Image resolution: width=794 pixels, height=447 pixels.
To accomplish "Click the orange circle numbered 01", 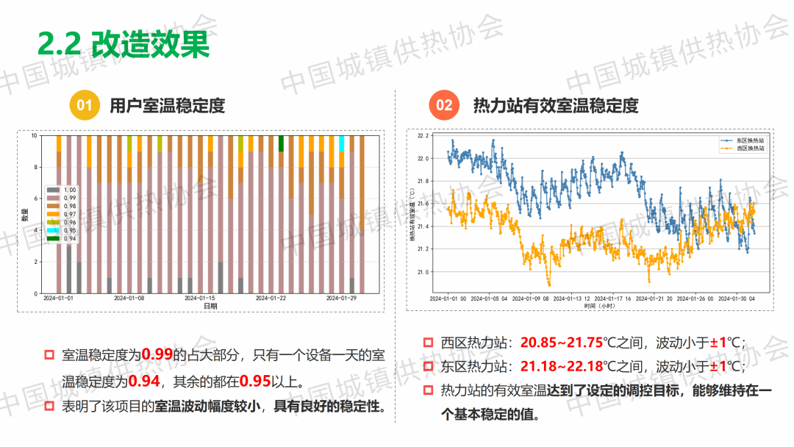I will tap(85, 105).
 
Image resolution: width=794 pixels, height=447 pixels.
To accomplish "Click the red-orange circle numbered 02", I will tap(444, 105).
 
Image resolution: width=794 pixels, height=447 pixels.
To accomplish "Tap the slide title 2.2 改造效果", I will tap(124, 44).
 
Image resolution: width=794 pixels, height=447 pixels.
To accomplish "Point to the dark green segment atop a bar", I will tap(281, 143).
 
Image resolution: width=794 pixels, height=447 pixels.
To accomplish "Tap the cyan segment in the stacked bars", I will tap(341, 143).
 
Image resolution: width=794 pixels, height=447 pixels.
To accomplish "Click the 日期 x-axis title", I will tap(210, 306).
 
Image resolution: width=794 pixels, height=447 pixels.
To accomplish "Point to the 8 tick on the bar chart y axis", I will tap(34, 168).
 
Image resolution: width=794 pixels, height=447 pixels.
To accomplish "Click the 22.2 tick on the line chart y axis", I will tap(422, 136).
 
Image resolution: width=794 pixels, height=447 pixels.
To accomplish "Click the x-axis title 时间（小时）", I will tap(599, 305).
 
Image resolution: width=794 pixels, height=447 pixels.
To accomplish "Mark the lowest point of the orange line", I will tap(548, 285).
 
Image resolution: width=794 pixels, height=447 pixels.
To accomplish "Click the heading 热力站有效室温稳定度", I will tap(556, 105).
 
